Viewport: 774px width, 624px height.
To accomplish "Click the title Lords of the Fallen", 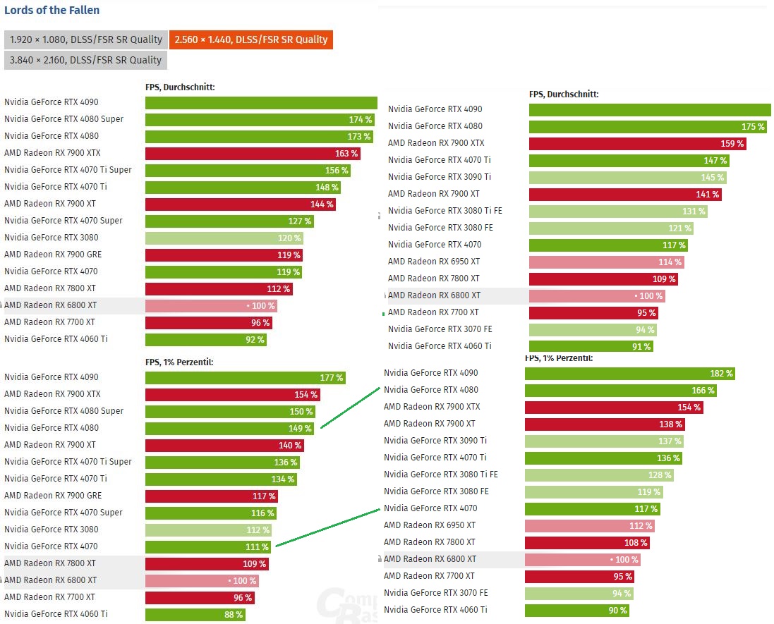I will tap(52, 11).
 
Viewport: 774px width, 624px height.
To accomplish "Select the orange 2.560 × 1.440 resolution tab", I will tap(251, 39).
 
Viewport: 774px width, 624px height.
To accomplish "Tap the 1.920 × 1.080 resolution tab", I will tap(86, 39).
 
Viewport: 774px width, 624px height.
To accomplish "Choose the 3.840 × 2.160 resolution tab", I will tap(86, 60).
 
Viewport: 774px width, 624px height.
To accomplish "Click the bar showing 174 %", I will tap(259, 119).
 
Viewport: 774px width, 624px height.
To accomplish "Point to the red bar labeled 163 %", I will tap(252, 153).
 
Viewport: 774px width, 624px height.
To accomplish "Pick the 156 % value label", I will tap(336, 170).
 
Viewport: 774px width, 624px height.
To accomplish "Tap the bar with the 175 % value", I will tap(648, 126).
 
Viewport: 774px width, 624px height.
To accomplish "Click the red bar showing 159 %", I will tap(637, 143).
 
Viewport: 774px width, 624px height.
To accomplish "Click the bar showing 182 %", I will tap(629, 373).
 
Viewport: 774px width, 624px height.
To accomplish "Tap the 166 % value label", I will tap(703, 390).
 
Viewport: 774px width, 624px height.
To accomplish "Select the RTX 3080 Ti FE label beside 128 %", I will tap(440, 475).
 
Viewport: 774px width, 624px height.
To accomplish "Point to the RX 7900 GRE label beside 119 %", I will tap(53, 255).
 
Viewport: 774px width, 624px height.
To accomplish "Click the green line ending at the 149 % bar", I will tap(350, 407).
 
